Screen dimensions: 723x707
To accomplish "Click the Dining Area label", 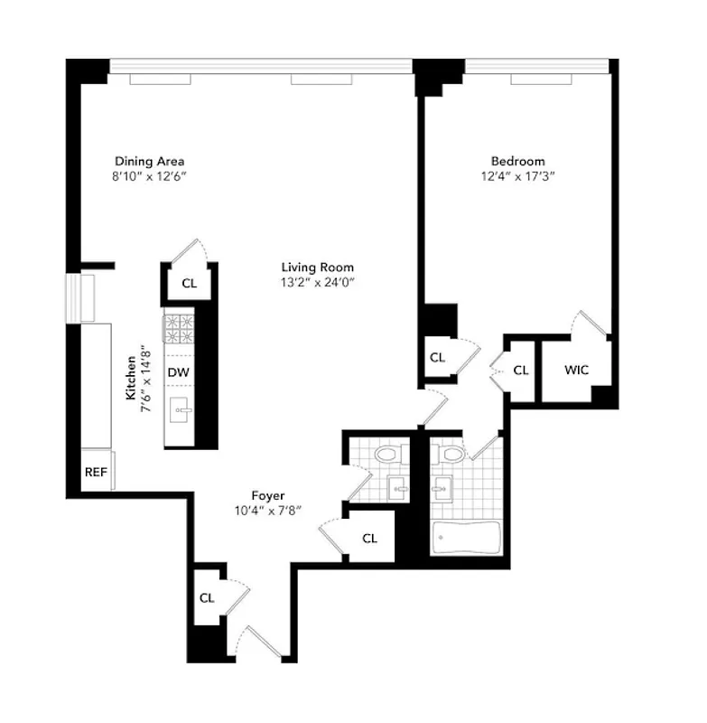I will click(x=149, y=162).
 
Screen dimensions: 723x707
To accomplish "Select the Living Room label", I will click(x=317, y=268).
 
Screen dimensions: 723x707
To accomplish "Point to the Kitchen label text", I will click(x=130, y=378).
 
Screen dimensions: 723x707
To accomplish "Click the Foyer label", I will click(x=268, y=495).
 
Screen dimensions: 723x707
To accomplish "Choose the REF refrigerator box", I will click(x=96, y=472).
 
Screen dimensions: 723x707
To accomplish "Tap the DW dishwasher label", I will click(x=178, y=371).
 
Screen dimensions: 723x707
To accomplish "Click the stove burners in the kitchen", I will click(x=178, y=329).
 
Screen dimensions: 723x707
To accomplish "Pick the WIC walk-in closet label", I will click(x=577, y=370).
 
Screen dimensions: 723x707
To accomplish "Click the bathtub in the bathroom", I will click(x=465, y=540).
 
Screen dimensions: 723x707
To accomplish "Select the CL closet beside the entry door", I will click(x=207, y=597).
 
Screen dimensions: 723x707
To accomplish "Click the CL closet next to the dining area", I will click(x=189, y=283).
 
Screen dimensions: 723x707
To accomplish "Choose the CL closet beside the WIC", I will click(x=521, y=370).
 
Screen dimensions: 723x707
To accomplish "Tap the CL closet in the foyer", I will click(x=369, y=538).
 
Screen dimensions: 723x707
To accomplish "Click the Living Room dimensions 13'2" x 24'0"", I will click(x=317, y=283).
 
